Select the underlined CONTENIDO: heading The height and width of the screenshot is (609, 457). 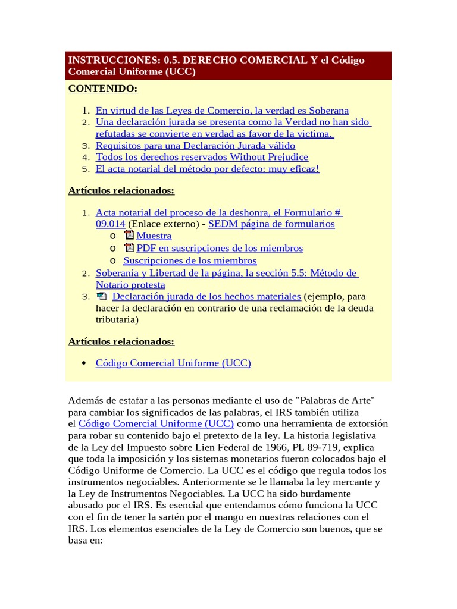pos(103,89)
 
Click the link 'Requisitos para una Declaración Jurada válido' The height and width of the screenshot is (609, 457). pos(195,145)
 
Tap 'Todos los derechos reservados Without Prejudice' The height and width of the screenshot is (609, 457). pos(202,157)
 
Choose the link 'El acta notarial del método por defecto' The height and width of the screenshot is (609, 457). pos(207,169)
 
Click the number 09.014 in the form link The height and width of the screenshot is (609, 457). pos(110,224)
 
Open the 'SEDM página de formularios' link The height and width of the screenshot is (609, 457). pos(271,224)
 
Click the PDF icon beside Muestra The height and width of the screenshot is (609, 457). pos(129,236)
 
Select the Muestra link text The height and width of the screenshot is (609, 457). pos(154,236)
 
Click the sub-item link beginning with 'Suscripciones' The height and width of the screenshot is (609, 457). pos(190,260)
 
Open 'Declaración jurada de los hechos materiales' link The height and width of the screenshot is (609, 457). pos(206,296)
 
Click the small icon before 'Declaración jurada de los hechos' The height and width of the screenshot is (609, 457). pos(101,296)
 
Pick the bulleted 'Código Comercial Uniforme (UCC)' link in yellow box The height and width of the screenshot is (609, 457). pos(173,363)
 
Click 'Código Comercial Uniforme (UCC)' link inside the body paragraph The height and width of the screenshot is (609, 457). pos(156,423)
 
